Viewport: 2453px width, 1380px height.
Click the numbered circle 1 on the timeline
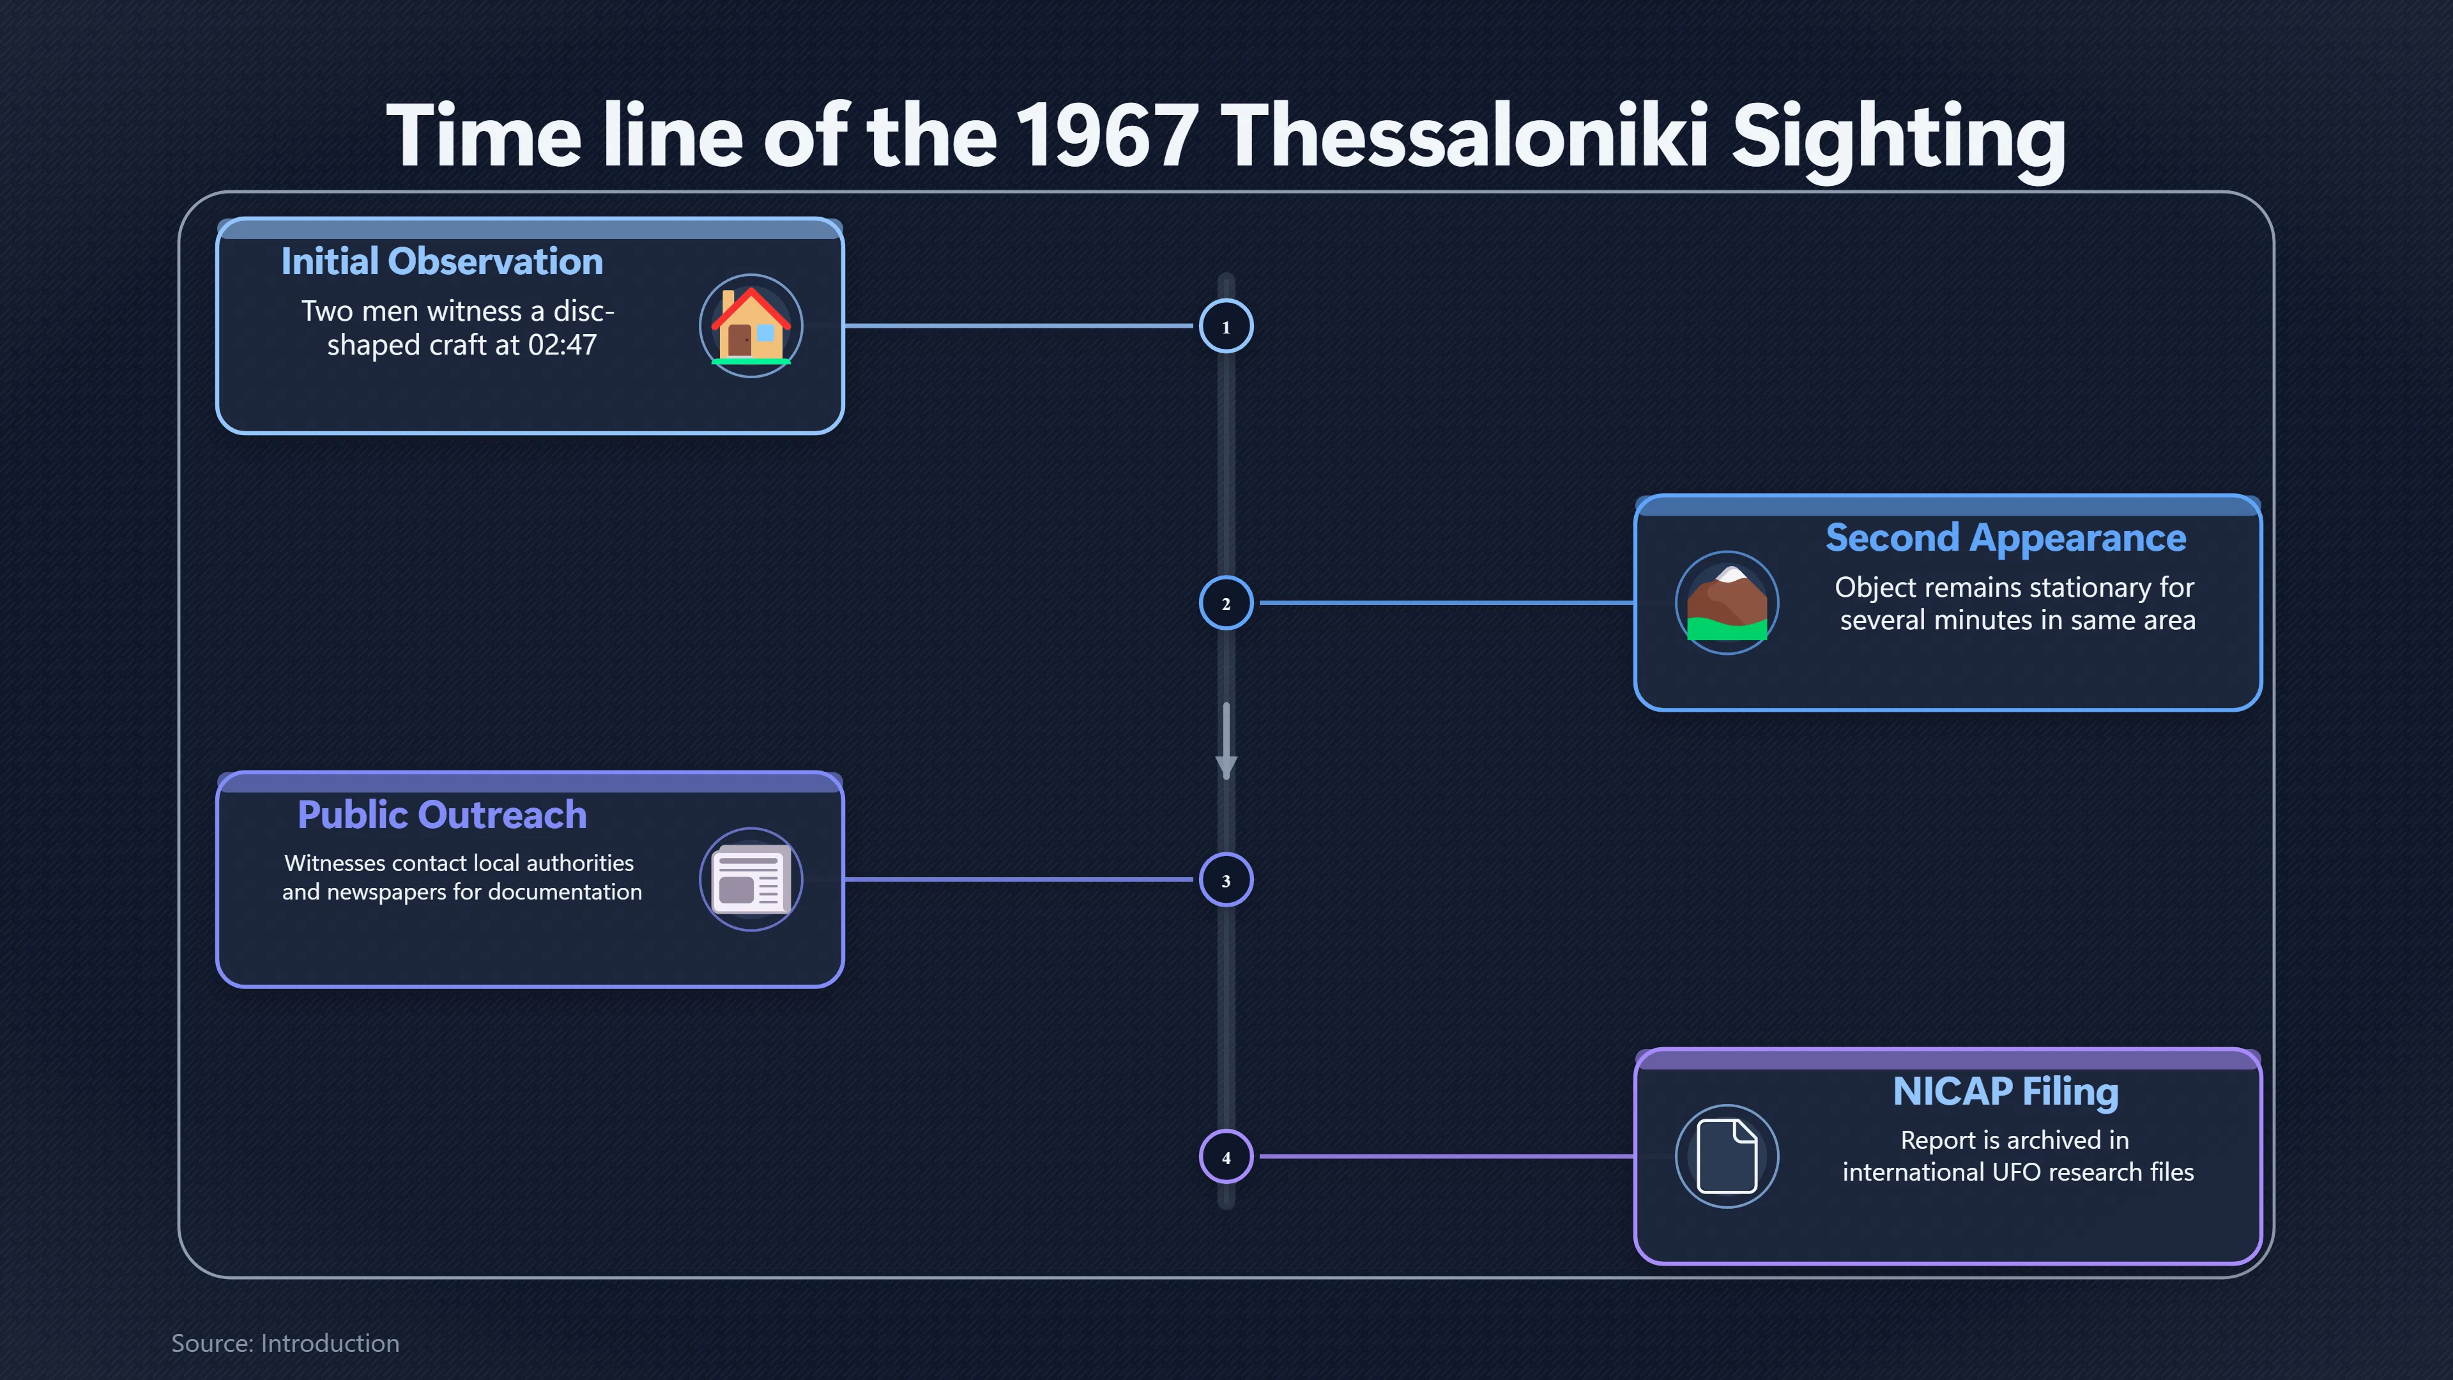pos(1226,326)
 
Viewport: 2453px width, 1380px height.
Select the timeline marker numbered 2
pos(1226,603)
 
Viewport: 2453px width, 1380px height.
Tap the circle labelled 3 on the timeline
pos(1226,880)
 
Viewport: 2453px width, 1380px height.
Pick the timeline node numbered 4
pos(1226,1157)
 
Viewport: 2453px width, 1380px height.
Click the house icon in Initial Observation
pos(751,326)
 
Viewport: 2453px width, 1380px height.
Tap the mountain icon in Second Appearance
pos(1727,603)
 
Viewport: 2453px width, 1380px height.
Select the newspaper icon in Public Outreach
pos(751,879)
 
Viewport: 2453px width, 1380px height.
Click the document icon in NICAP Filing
pos(1727,1156)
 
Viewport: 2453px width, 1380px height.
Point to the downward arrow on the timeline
pos(1226,742)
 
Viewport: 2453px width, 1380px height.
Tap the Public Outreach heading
pos(442,815)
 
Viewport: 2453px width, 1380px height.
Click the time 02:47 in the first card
pos(562,345)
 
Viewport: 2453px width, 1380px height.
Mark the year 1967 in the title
pos(1106,136)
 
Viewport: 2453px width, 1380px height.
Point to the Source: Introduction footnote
pos(285,1344)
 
